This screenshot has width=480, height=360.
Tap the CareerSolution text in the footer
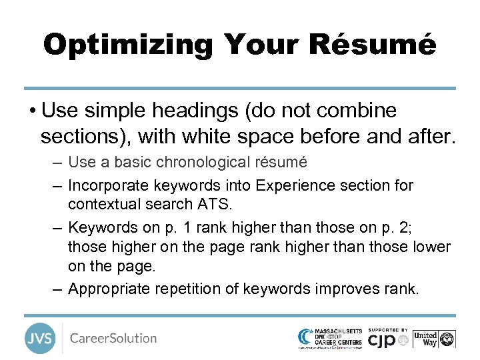coord(113,338)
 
